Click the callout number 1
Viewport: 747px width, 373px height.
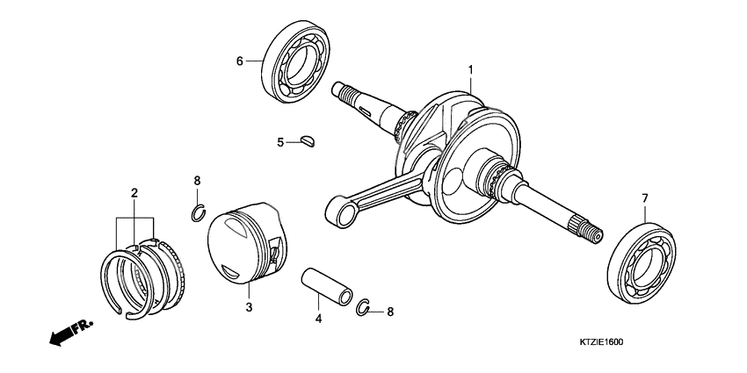click(470, 69)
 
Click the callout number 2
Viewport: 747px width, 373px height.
click(134, 191)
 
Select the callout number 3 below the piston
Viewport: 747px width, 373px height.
click(249, 307)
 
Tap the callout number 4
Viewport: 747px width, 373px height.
click(318, 319)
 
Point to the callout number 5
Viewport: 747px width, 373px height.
click(280, 141)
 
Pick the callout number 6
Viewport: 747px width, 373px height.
click(238, 61)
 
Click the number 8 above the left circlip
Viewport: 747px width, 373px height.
click(197, 181)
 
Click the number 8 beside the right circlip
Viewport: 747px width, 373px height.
click(390, 311)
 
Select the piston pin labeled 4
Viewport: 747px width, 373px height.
click(329, 283)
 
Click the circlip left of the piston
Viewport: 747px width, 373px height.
click(199, 212)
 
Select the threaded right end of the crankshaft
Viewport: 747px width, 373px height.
click(591, 233)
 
